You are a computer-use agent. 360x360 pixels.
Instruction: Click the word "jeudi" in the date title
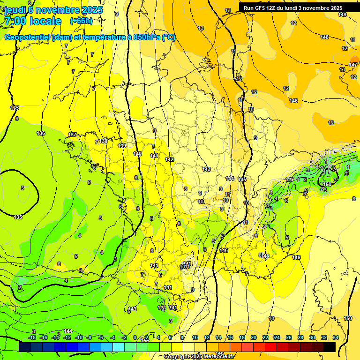[15, 9]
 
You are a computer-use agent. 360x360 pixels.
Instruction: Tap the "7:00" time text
[15, 21]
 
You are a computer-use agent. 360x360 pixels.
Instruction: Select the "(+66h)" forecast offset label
[81, 21]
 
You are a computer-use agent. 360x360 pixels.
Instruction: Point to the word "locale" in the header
[45, 21]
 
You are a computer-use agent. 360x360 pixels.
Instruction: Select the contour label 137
[72, 135]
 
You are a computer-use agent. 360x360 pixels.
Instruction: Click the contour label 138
[104, 141]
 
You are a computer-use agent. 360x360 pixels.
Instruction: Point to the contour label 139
[122, 146]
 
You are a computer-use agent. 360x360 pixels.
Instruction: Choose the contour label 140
[137, 154]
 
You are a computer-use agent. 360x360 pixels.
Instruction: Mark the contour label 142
[169, 160]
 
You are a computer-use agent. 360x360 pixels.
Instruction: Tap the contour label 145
[242, 180]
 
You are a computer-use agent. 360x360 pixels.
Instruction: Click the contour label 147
[353, 65]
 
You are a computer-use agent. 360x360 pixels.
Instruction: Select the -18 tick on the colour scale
[32, 337]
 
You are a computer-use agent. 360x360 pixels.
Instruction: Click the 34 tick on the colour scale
[336, 337]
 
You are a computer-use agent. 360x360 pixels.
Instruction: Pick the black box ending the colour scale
[330, 347]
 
